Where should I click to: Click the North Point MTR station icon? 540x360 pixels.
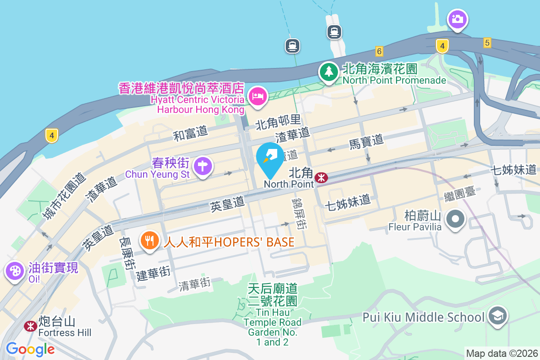tap(321, 177)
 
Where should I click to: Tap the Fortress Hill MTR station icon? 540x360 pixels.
tap(30, 325)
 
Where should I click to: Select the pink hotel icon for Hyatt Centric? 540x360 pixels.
tap(258, 96)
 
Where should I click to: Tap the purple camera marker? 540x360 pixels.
tap(457, 19)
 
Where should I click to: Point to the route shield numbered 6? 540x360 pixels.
tap(379, 51)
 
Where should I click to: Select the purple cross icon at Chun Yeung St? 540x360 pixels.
tap(203, 166)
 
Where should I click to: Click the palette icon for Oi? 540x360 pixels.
tap(15, 271)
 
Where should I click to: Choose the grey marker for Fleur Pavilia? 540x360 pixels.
tap(455, 220)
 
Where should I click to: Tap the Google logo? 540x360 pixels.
tap(30, 349)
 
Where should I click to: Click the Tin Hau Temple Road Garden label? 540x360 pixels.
tap(273, 315)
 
